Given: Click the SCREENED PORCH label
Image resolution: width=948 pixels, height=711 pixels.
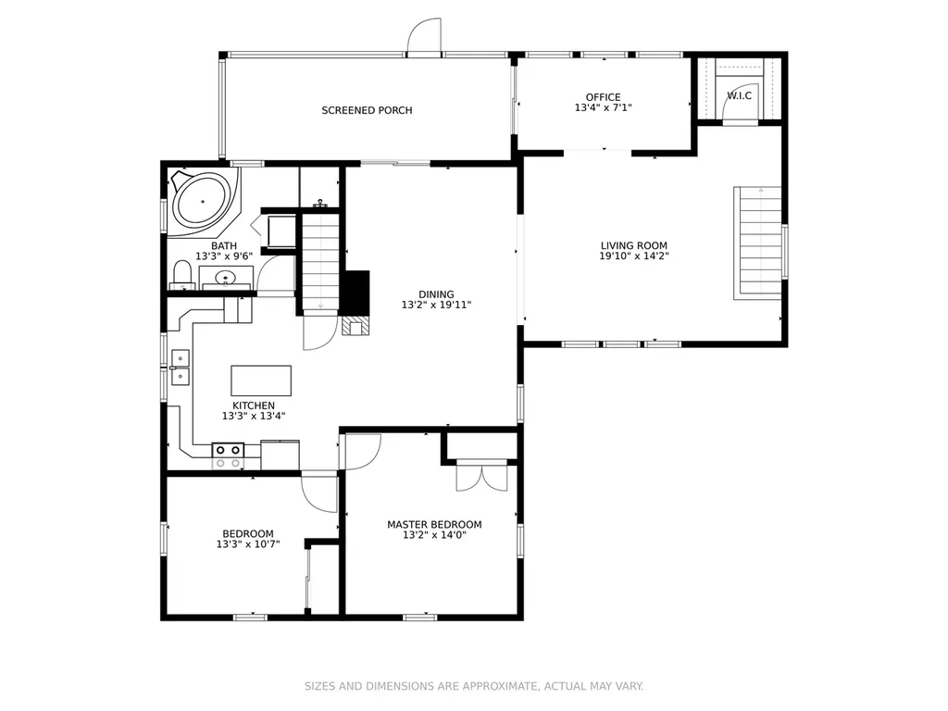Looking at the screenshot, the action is pyautogui.click(x=367, y=110).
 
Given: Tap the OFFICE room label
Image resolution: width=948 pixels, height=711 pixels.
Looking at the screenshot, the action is pyautogui.click(x=603, y=96).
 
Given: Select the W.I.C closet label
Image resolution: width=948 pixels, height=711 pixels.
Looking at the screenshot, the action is pyautogui.click(x=739, y=95).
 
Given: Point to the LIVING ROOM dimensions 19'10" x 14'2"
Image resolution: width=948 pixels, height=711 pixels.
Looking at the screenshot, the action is pyautogui.click(x=633, y=256).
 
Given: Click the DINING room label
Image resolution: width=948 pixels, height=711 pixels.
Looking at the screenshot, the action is pyautogui.click(x=436, y=294).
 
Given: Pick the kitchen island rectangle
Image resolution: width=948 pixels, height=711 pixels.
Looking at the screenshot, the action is pyautogui.click(x=261, y=380).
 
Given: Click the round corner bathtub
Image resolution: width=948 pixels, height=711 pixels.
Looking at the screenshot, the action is pyautogui.click(x=203, y=201).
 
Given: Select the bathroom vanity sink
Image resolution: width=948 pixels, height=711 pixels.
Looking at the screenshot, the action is pyautogui.click(x=226, y=278).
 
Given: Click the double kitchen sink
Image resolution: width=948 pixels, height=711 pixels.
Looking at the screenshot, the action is pyautogui.click(x=181, y=367).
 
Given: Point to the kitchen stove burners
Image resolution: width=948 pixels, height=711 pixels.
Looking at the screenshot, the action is pyautogui.click(x=228, y=450).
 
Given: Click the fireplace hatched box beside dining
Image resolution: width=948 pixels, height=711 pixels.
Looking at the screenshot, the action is pyautogui.click(x=355, y=326).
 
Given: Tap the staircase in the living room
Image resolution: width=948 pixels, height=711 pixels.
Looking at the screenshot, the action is pyautogui.click(x=757, y=243).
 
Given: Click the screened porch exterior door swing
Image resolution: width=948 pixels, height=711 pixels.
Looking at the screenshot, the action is pyautogui.click(x=424, y=36).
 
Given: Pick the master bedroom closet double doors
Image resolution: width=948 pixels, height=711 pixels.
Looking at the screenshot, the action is pyautogui.click(x=481, y=475).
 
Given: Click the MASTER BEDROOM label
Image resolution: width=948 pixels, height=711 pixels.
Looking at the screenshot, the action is pyautogui.click(x=434, y=524).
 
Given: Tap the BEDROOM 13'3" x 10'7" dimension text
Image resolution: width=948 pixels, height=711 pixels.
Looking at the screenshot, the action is pyautogui.click(x=248, y=544).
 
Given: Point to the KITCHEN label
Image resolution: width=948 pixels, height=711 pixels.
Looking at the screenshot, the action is pyautogui.click(x=254, y=405).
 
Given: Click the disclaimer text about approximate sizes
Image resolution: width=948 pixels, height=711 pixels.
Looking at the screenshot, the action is pyautogui.click(x=473, y=686).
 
